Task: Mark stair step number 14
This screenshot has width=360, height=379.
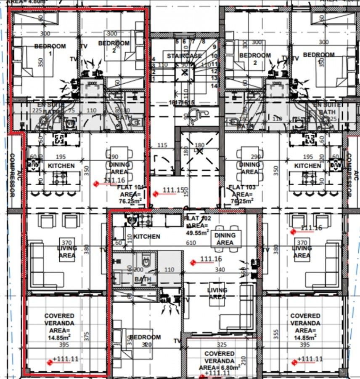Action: (x=214, y=86)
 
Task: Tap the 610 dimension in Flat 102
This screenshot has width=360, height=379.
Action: (x=191, y=243)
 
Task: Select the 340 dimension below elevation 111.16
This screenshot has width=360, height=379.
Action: (x=220, y=270)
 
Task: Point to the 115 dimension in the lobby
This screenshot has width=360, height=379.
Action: (x=162, y=146)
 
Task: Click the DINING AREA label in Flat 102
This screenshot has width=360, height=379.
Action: (x=225, y=239)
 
